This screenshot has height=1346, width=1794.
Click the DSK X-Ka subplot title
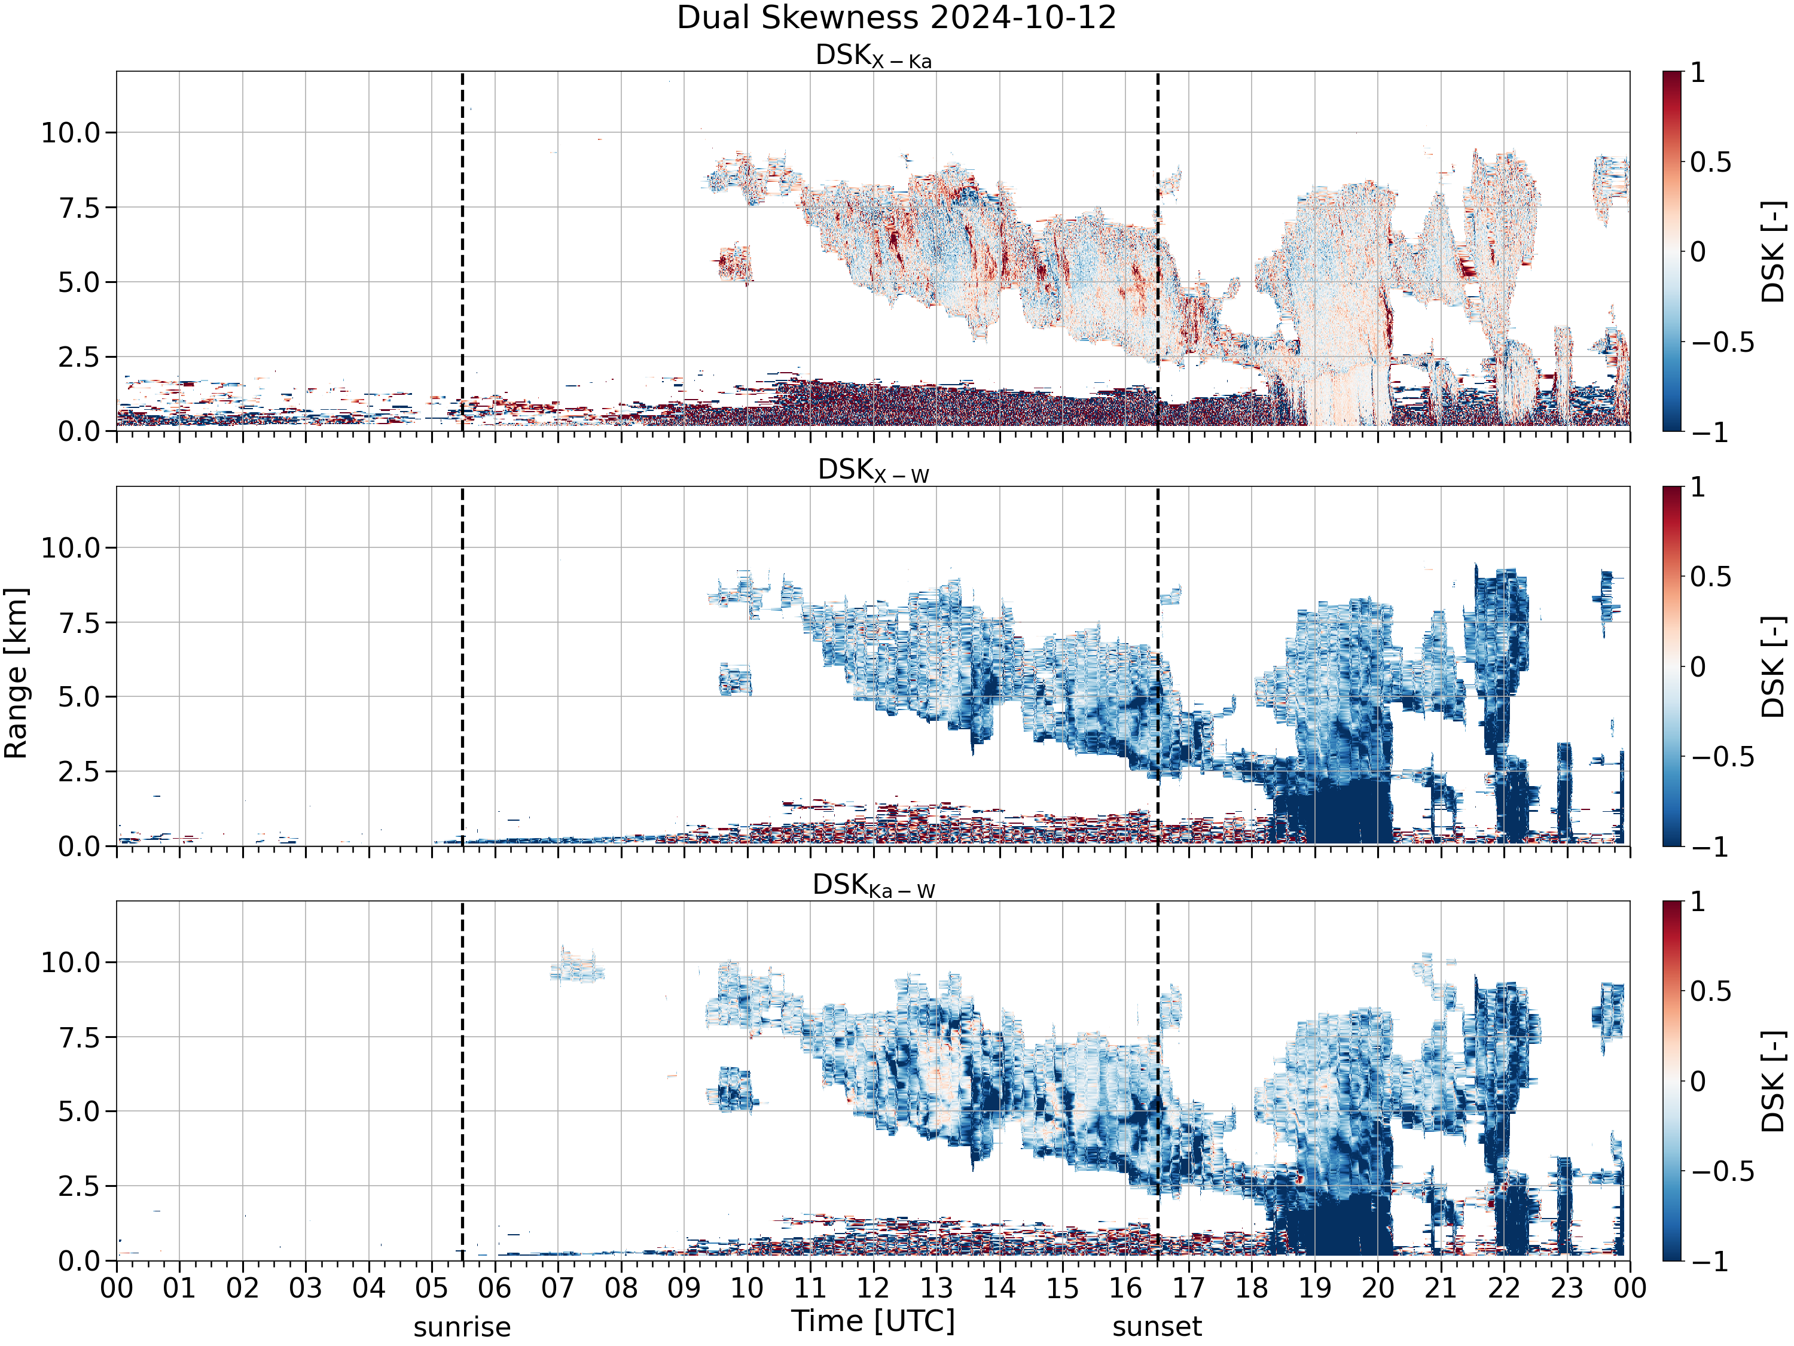pyautogui.click(x=874, y=56)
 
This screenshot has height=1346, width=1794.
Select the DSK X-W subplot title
pyautogui.click(x=874, y=471)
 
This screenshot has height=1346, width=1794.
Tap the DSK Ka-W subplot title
pyautogui.click(x=874, y=886)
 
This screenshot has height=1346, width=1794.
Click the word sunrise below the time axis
pyautogui.click(x=462, y=1327)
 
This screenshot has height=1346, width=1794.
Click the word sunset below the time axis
pyautogui.click(x=1157, y=1327)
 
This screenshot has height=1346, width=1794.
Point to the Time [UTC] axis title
pyautogui.click(x=874, y=1321)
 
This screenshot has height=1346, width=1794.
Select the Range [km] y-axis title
pyautogui.click(x=16, y=674)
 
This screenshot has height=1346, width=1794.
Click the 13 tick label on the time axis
pyautogui.click(x=936, y=1289)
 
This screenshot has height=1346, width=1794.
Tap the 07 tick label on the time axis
pyautogui.click(x=558, y=1289)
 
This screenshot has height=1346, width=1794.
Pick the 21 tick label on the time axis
pyautogui.click(x=1441, y=1289)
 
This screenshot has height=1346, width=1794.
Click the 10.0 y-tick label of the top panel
pyautogui.click(x=71, y=132)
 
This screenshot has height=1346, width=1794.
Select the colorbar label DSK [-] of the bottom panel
pyautogui.click(x=1774, y=1082)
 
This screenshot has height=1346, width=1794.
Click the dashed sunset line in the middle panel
pyautogui.click(x=1157, y=666)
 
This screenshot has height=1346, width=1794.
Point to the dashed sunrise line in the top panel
pyautogui.click(x=462, y=251)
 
